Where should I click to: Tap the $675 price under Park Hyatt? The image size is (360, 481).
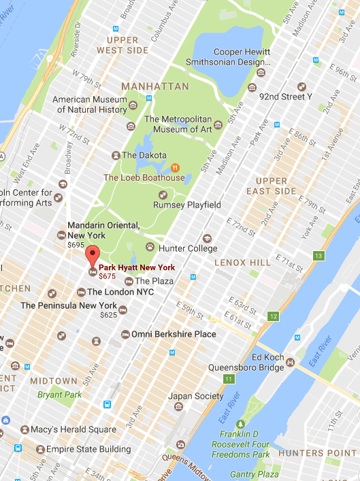(x=108, y=276)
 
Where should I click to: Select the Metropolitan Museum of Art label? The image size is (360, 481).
(x=180, y=125)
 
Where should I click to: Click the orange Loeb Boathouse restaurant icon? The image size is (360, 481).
(x=175, y=167)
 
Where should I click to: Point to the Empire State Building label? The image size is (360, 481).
(x=88, y=449)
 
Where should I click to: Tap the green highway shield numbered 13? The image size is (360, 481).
(x=318, y=256)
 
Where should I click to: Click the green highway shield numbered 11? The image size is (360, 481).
(x=230, y=378)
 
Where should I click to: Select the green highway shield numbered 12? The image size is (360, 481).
(x=274, y=316)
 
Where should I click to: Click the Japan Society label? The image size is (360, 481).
(x=195, y=396)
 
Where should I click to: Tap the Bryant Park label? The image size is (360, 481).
(x=59, y=395)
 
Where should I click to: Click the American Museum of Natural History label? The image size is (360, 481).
(x=89, y=105)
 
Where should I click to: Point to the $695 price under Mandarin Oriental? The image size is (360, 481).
(x=76, y=244)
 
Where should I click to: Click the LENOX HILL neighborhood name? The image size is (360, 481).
(x=243, y=262)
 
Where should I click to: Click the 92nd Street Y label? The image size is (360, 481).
(x=289, y=97)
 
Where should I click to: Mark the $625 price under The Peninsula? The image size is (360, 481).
(x=108, y=315)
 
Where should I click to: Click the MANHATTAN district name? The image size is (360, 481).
(x=155, y=87)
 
